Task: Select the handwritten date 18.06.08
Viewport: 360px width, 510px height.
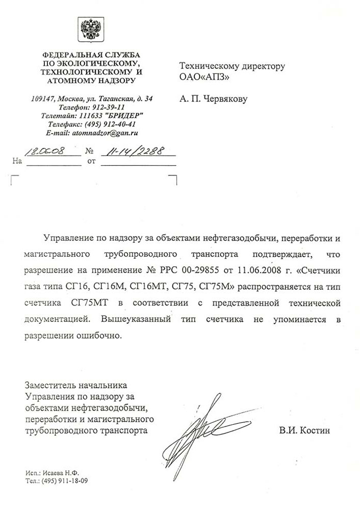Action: (x=44, y=151)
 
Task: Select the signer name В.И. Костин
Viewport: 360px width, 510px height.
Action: (x=304, y=431)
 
